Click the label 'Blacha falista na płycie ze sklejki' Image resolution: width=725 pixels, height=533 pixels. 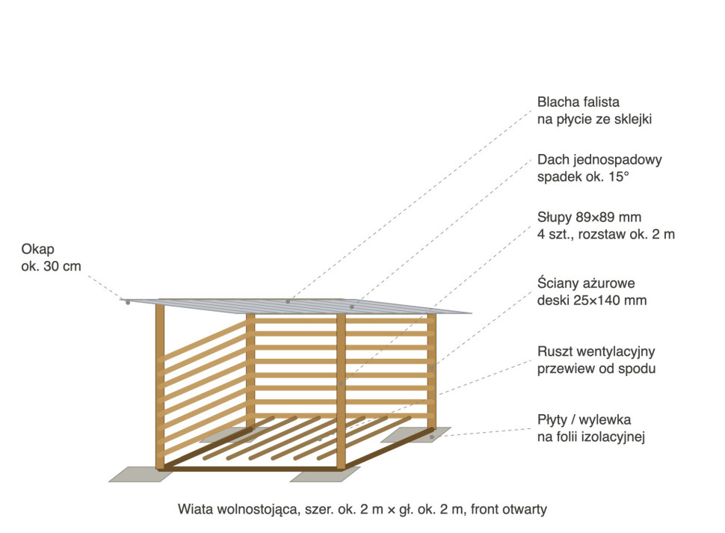coord(595,111)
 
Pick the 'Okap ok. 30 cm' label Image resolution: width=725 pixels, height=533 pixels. coord(51,257)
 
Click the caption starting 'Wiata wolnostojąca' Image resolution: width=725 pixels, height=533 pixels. coord(362,509)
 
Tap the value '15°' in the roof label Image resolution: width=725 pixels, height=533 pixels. coord(619,177)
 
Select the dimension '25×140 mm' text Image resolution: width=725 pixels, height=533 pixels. coord(610,301)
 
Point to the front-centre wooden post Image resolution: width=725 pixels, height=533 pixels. coord(341,391)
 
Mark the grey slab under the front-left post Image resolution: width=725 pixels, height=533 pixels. coord(141,474)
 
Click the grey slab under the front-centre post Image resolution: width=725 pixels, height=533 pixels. coord(325,474)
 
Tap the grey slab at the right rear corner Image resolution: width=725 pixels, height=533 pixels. coord(416,435)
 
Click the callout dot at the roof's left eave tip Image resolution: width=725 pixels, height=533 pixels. coord(128,302)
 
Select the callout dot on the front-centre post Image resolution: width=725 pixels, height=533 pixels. coord(342,383)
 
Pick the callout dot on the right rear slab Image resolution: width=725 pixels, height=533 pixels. coord(432,437)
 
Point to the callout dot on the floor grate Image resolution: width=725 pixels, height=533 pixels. coord(319,439)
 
